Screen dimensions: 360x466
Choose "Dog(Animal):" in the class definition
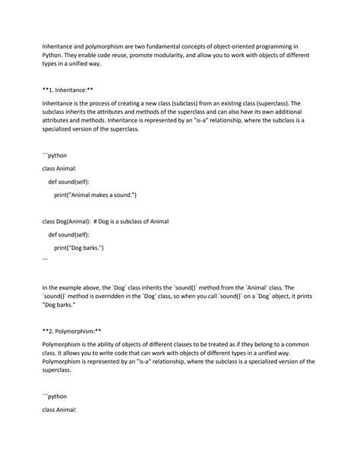tap(72, 220)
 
